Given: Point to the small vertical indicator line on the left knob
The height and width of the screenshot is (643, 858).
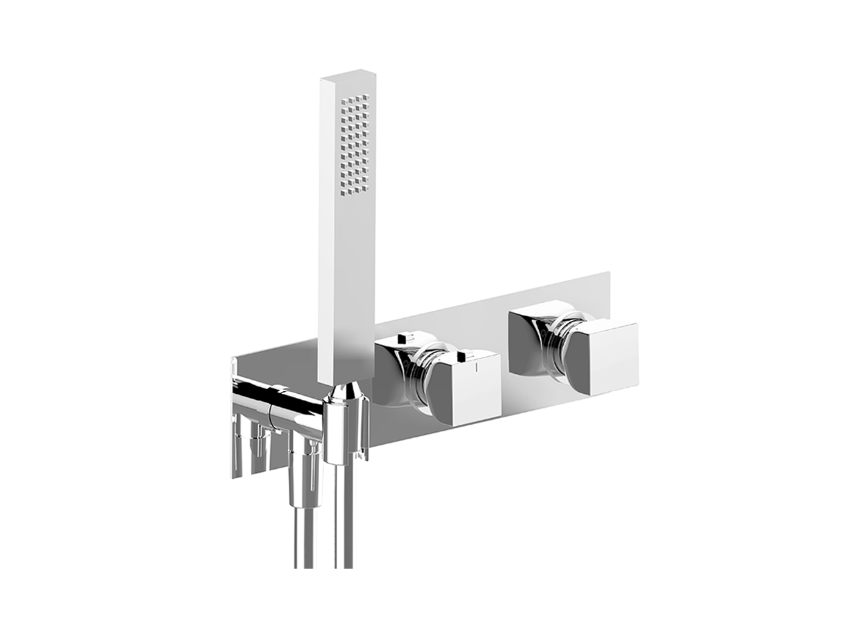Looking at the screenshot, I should tap(477, 368).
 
